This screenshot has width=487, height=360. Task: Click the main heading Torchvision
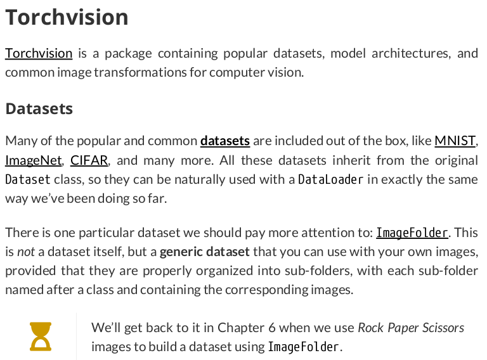67,17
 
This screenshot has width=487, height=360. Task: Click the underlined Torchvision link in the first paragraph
39,53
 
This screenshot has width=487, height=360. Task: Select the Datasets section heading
39,108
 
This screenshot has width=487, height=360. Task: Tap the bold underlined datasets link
225,141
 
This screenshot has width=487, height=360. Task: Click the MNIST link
455,141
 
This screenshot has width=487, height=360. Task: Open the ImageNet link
34,160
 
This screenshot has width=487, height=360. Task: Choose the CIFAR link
89,160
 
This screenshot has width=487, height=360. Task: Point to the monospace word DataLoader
330,179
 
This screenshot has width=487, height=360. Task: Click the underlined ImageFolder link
412,233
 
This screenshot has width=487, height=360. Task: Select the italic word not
26,252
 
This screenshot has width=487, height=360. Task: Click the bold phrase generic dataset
205,252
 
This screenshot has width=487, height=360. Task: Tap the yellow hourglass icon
41,337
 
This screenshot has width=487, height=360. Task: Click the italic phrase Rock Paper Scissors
411,328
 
